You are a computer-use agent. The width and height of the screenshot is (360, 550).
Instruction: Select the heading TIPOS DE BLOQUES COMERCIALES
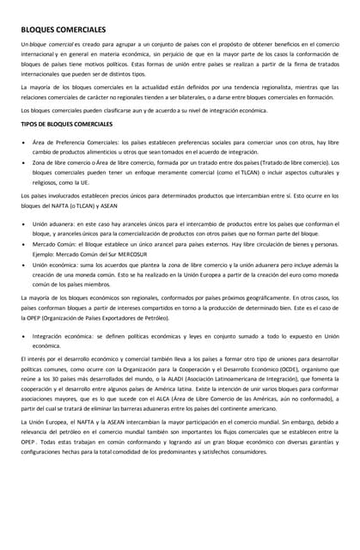click(66, 125)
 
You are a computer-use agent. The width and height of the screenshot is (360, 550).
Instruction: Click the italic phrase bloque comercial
click(51, 44)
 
